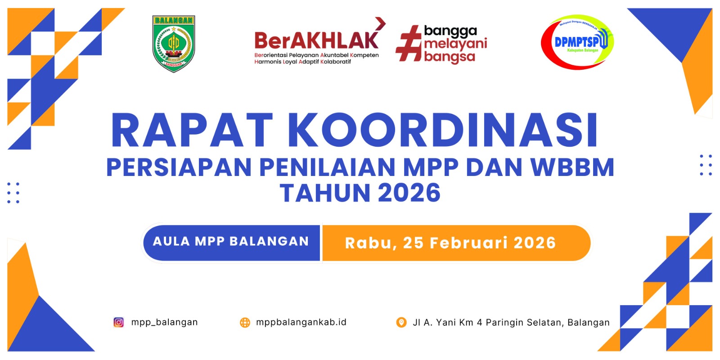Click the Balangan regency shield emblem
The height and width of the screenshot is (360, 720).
tap(174, 44)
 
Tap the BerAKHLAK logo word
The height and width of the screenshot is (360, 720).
tap(316, 40)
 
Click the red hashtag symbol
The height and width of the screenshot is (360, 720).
tap(408, 44)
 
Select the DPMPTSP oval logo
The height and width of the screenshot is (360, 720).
tap(577, 42)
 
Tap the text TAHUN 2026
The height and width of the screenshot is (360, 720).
tap(360, 193)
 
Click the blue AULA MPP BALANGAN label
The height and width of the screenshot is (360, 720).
tap(231, 242)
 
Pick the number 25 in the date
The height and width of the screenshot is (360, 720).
tap(413, 243)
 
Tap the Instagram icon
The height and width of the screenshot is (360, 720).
tap(119, 322)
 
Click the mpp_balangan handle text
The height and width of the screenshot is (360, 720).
tap(164, 322)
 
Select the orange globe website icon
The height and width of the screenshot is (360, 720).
tap(245, 322)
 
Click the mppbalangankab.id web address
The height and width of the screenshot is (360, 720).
tap(301, 322)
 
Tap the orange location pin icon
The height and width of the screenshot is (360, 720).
tap(401, 322)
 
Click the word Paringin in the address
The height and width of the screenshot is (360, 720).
tap(504, 323)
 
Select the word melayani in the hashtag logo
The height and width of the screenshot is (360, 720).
tap(455, 44)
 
